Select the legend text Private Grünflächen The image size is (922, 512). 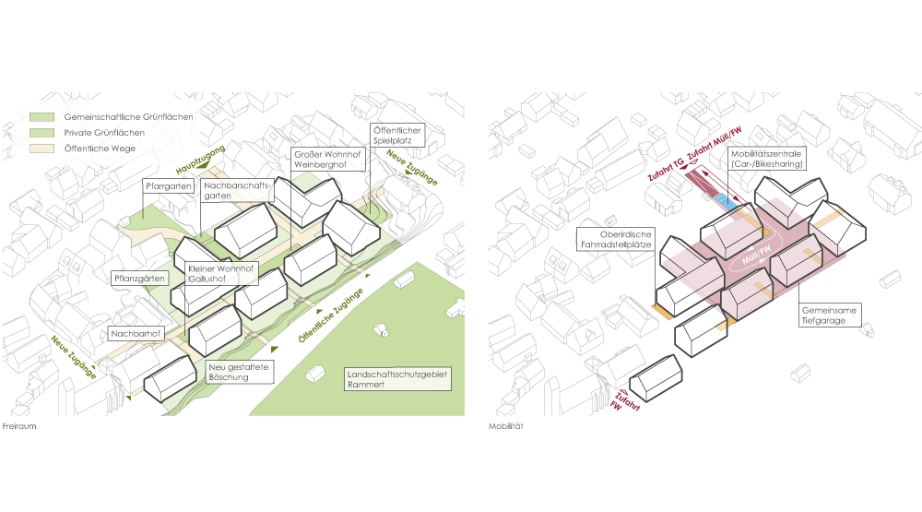point(104,133)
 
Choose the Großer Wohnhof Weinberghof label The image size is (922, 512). point(327,159)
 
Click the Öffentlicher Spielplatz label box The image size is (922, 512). point(396,138)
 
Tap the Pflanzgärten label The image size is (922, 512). point(141,277)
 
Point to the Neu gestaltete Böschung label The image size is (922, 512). point(238,373)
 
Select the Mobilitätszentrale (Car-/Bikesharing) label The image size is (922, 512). point(765,158)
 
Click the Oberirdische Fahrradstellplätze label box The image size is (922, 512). point(615,240)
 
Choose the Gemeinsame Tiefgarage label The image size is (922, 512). point(830,316)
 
